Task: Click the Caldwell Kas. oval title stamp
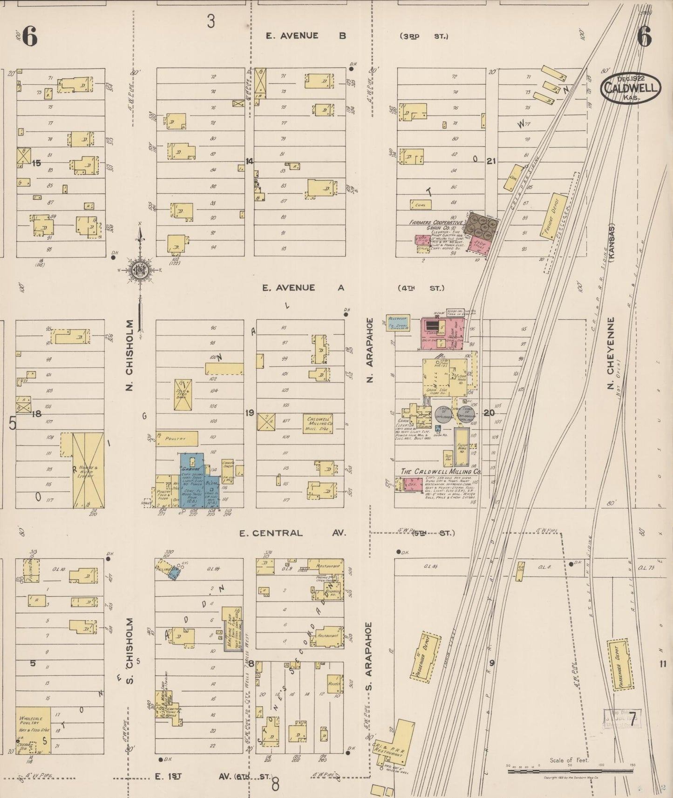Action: (x=631, y=88)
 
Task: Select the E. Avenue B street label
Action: (x=306, y=35)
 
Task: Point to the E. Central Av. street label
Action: (x=292, y=533)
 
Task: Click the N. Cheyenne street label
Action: (x=611, y=353)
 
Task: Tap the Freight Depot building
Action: (x=553, y=216)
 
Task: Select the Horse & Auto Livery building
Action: (x=88, y=470)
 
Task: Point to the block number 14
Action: (x=250, y=161)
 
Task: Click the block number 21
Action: (x=490, y=161)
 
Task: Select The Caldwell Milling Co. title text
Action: (x=441, y=472)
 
